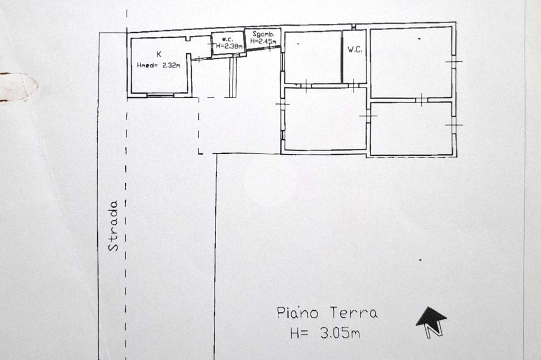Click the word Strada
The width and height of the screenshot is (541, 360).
113,225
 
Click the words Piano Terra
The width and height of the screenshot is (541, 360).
328,312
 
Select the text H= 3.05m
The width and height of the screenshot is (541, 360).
325,333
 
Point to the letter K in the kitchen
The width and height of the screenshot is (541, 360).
158,54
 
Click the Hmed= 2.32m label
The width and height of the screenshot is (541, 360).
158,65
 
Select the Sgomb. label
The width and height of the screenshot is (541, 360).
264,34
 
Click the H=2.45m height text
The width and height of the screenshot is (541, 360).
264,41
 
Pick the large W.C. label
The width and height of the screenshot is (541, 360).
355,50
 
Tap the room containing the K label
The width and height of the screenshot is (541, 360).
160,65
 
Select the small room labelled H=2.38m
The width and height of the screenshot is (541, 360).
228,43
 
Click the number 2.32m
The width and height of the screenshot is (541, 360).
172,65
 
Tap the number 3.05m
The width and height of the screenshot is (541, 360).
340,333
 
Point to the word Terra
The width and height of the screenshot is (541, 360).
354,312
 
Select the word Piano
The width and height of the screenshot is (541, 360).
297,312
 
